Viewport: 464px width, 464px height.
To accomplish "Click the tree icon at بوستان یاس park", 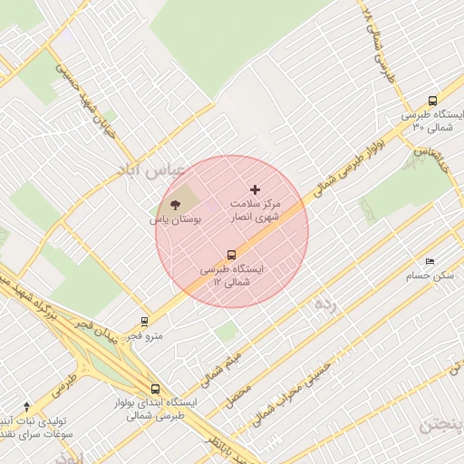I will pyautogui.click(x=175, y=205).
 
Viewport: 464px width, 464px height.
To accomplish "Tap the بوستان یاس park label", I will pyautogui.click(x=175, y=219).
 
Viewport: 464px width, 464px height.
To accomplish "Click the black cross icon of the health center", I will pyautogui.click(x=255, y=189).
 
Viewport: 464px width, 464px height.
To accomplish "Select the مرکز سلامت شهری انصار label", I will pyautogui.click(x=258, y=211).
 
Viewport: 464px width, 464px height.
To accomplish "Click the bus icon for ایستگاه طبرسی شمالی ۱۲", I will pyautogui.click(x=231, y=256).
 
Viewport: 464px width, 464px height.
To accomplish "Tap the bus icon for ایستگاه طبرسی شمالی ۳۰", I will pyautogui.click(x=432, y=102).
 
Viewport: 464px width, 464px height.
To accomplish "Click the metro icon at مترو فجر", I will pyautogui.click(x=144, y=321).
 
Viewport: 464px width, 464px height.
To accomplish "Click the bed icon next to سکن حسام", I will pyautogui.click(x=430, y=261).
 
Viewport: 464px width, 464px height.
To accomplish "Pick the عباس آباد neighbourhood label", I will pyautogui.click(x=149, y=169).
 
